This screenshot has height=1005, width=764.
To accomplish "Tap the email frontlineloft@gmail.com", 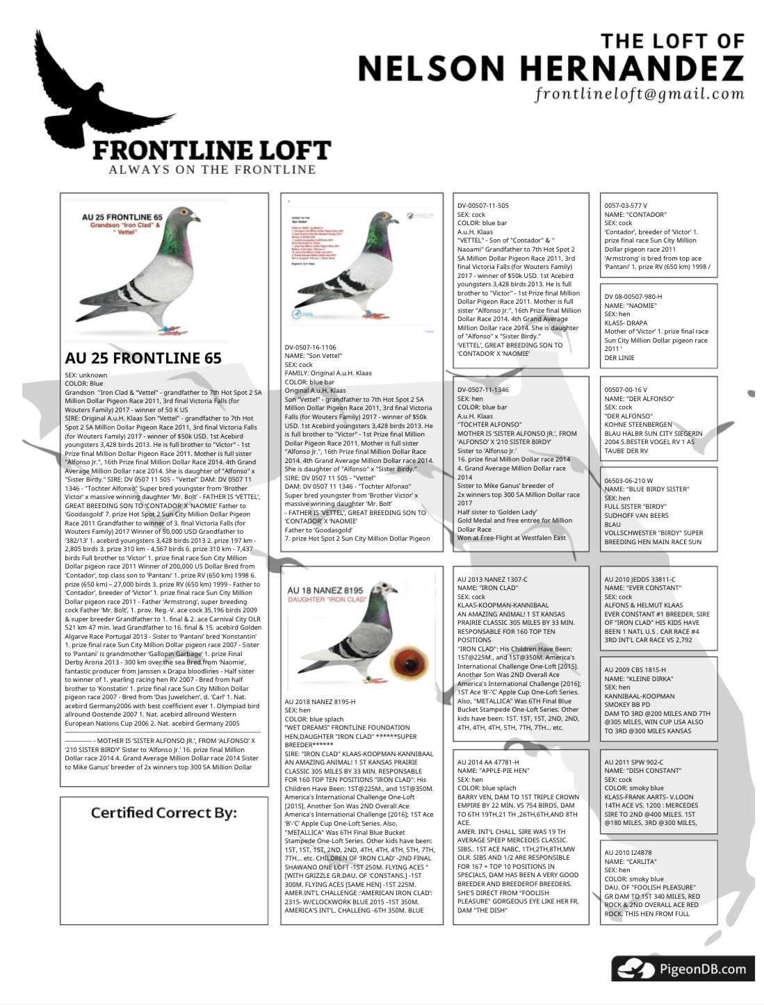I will tap(639, 94).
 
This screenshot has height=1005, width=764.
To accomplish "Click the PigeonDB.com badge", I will tap(683, 968).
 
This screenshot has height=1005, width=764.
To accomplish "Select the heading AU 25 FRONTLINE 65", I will tap(143, 358).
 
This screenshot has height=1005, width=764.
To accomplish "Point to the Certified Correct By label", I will tap(164, 812).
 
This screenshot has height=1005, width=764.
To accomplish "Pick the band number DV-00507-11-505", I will tap(483, 206).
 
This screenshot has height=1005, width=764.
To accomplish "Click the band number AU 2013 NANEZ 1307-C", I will tap(492, 579).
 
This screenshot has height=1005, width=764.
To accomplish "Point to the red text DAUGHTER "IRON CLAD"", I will tap(325, 599).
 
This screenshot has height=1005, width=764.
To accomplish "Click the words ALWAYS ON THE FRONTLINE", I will tap(212, 170).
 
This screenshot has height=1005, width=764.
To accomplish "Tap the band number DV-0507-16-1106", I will tap(311, 347).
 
